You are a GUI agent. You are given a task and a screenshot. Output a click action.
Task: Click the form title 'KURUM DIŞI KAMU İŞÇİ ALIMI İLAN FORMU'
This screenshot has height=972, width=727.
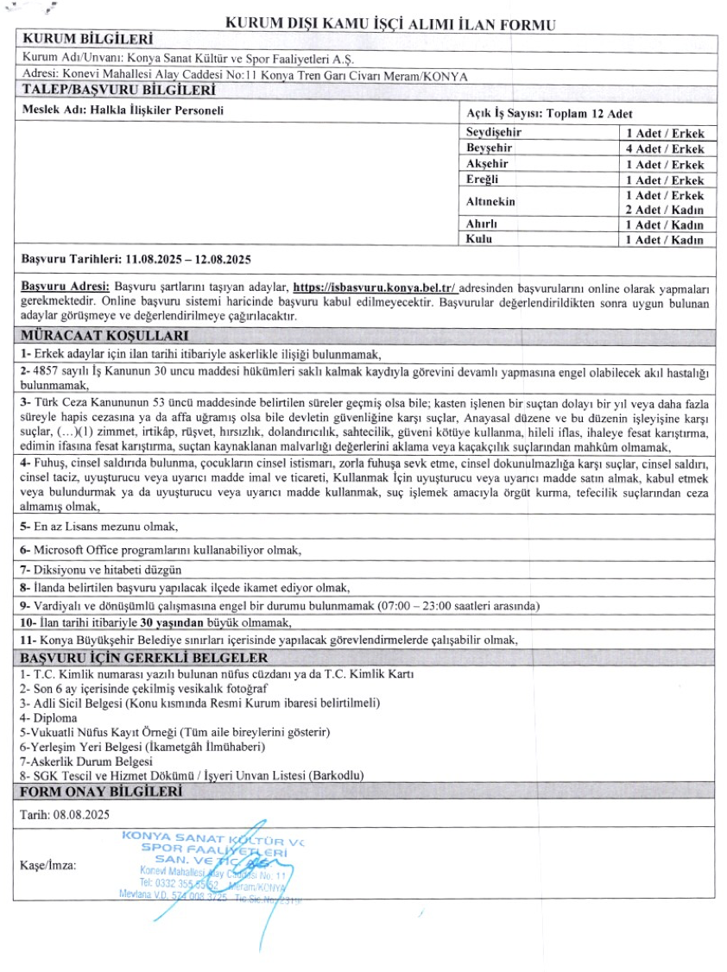(389, 23)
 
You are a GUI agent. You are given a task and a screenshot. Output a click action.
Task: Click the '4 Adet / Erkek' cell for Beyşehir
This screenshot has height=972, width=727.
(664, 149)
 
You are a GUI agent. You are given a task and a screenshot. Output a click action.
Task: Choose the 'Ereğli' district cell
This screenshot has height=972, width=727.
(483, 180)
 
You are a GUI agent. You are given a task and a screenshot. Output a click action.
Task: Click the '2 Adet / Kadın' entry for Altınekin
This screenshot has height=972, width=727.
(664, 210)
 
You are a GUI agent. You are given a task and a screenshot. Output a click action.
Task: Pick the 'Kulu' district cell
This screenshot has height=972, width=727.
(479, 239)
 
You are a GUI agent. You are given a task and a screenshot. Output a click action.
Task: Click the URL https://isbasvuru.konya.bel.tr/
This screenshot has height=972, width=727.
(374, 287)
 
